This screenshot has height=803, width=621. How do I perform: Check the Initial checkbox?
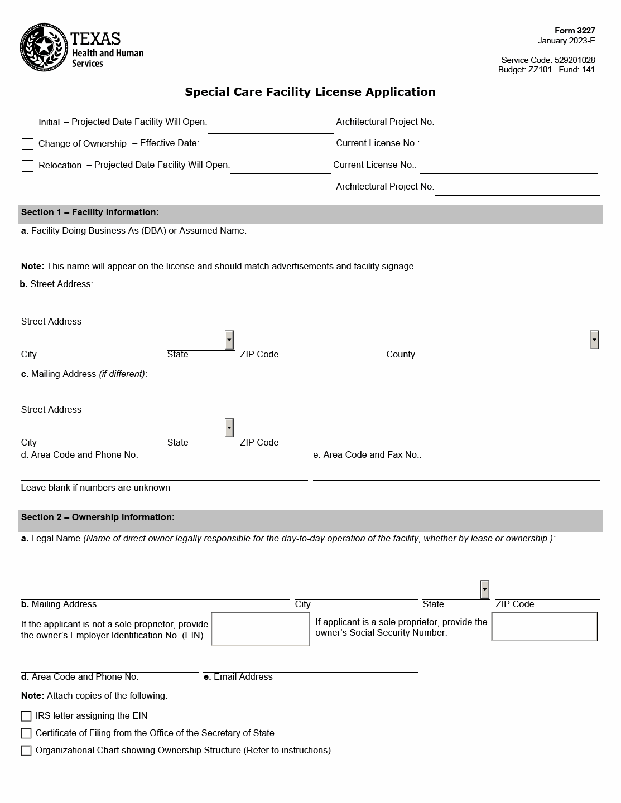point(27,122)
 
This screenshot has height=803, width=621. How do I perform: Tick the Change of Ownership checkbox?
point(27,144)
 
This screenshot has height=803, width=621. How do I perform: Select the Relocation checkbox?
point(27,166)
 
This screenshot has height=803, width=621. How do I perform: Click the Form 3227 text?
point(575,31)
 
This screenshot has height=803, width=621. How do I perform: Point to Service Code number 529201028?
point(575,60)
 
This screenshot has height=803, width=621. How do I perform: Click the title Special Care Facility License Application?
point(310,92)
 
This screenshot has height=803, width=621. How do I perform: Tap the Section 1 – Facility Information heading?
point(90,212)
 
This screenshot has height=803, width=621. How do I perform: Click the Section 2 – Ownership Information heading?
point(98,517)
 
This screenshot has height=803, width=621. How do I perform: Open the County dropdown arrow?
point(594,340)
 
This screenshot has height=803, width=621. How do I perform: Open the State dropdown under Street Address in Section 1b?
point(229,340)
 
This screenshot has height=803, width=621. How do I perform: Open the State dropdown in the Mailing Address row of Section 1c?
point(229,428)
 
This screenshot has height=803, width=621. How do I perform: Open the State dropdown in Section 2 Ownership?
point(485,589)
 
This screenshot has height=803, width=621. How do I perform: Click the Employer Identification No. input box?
point(261,629)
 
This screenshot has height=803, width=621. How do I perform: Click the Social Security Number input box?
point(544,627)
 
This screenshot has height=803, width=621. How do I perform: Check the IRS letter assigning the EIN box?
point(26,716)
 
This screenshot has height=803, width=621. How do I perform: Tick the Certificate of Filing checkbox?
point(26,733)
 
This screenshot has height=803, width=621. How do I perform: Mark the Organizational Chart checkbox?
point(26,751)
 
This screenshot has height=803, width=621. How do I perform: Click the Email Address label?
point(238,677)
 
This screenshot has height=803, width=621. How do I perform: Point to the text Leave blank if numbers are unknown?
point(95,488)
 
